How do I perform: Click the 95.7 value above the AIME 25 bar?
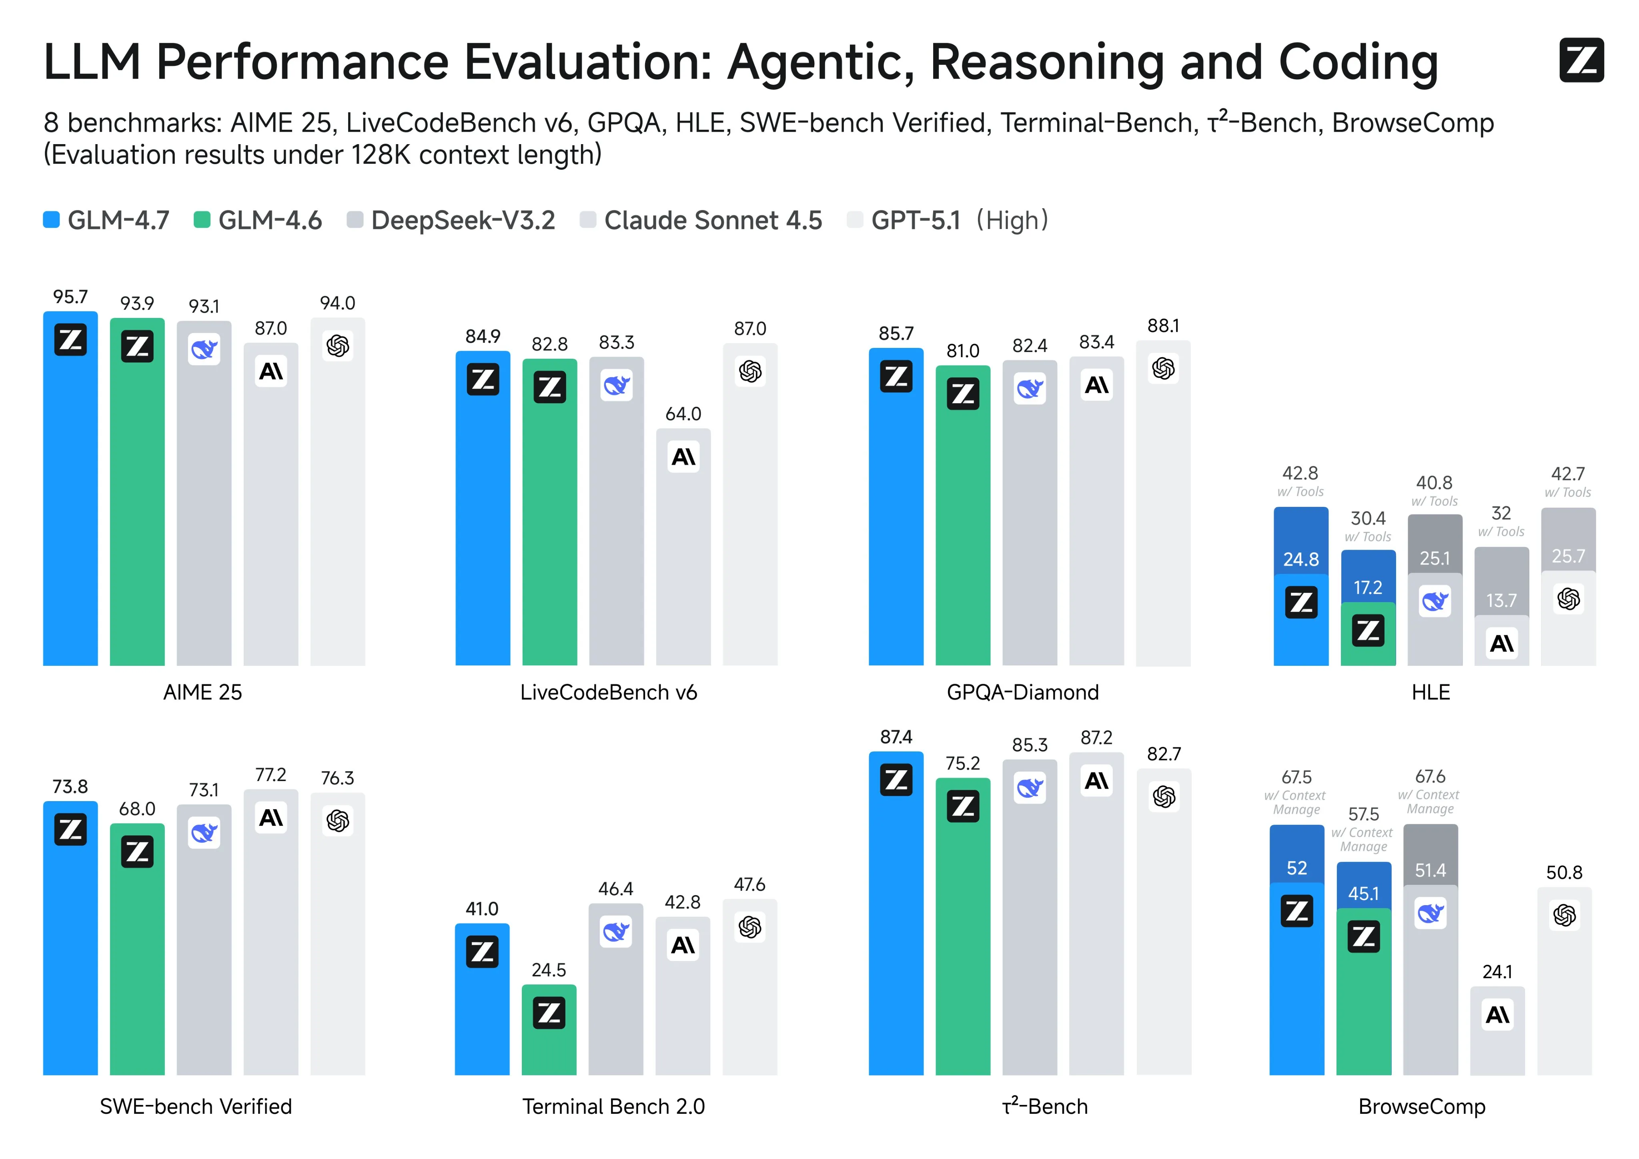click(x=70, y=297)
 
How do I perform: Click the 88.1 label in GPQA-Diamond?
click(x=1163, y=326)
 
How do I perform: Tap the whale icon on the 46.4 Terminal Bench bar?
click(x=615, y=931)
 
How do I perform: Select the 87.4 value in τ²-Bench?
click(x=896, y=737)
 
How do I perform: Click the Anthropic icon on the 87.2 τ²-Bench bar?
click(x=1096, y=781)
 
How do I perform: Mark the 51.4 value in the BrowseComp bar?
click(x=1430, y=870)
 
